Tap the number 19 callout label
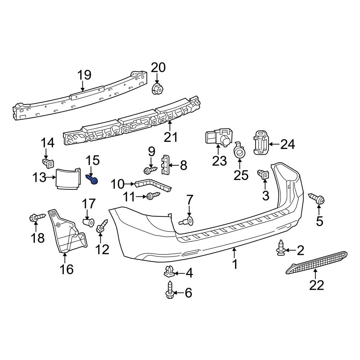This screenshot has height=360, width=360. [85, 75]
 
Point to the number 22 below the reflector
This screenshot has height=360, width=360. [316, 285]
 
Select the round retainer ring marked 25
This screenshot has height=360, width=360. [239, 152]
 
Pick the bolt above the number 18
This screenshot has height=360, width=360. [36, 217]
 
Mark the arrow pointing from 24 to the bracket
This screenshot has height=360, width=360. [274, 144]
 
